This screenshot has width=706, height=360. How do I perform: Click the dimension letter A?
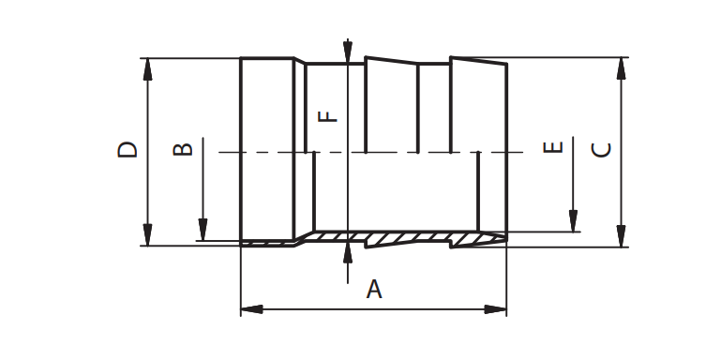click(374, 290)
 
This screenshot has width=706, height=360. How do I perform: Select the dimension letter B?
click(183, 149)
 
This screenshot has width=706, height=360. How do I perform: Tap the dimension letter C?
click(602, 150)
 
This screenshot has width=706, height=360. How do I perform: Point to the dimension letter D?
click(127, 149)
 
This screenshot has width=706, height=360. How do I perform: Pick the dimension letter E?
click(553, 147)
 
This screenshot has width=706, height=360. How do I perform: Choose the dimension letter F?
click(328, 116)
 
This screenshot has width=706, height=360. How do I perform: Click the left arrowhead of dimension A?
click(252, 309)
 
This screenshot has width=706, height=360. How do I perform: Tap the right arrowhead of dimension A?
click(495, 309)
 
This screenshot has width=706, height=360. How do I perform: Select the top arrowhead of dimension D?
click(148, 69)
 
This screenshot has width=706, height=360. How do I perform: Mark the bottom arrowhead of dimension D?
click(148, 234)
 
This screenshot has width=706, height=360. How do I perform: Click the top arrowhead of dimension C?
click(622, 68)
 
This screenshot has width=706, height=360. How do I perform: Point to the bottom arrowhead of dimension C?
click(622, 236)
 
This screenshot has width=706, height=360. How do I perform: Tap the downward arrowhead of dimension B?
click(203, 230)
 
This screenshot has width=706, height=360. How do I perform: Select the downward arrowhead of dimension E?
click(573, 221)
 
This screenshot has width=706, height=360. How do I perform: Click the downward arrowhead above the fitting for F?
click(348, 52)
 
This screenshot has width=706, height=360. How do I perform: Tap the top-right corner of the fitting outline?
click(507, 64)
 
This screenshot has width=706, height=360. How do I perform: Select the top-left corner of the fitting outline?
click(241, 58)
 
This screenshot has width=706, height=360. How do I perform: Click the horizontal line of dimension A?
click(374, 309)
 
